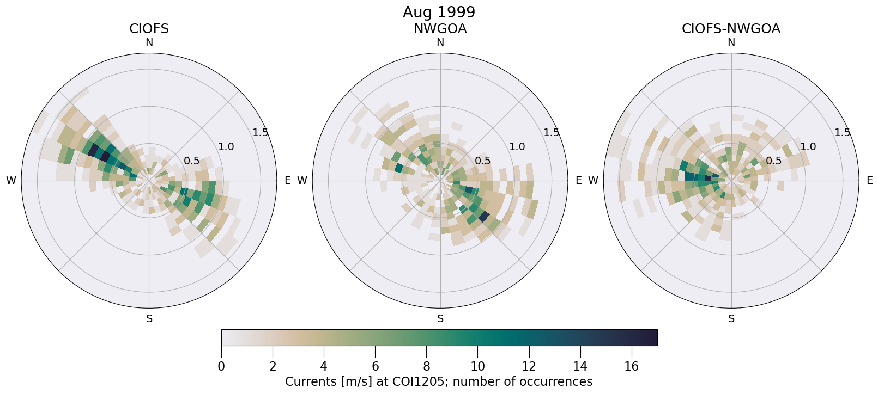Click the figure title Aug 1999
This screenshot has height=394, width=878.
(x=439, y=12)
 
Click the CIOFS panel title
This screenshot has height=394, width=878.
(x=149, y=29)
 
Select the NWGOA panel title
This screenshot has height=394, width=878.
(x=440, y=29)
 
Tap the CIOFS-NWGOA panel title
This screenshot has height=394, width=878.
(x=731, y=29)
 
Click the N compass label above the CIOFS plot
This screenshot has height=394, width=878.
(x=149, y=42)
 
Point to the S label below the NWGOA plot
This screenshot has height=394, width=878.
(x=440, y=319)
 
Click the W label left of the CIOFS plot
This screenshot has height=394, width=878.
(x=11, y=181)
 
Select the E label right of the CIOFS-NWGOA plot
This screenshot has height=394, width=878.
(x=869, y=181)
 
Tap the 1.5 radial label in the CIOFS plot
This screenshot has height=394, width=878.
(x=261, y=133)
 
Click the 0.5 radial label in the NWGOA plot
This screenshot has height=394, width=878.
(x=482, y=161)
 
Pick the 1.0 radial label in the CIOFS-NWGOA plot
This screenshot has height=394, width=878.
(x=808, y=147)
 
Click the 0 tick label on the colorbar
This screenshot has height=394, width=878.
(x=221, y=367)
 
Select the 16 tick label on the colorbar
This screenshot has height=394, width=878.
(x=631, y=367)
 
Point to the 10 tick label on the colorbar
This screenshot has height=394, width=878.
(x=477, y=367)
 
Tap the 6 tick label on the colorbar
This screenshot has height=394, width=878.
(x=375, y=367)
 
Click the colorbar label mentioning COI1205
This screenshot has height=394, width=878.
(x=439, y=382)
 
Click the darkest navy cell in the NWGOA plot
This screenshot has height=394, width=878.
(x=483, y=217)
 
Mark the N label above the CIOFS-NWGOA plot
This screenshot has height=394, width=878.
(x=731, y=42)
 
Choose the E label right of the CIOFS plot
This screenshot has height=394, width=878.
(x=287, y=181)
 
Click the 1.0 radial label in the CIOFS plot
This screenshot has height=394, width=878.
(x=226, y=147)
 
